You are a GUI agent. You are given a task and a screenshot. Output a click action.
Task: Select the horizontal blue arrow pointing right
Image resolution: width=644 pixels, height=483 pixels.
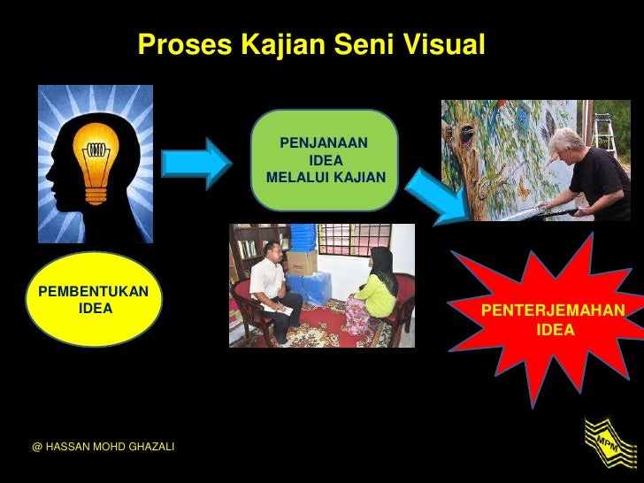point(195,162)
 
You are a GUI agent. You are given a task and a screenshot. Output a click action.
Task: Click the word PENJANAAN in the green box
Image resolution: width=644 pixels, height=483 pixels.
point(324,142)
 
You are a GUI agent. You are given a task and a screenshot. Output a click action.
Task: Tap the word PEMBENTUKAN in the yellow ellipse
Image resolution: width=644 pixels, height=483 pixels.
point(93,292)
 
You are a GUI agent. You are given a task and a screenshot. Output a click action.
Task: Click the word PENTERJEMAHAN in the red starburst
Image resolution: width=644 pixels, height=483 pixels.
point(553,310)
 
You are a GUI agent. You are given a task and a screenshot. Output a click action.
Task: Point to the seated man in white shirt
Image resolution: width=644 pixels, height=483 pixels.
point(272,293)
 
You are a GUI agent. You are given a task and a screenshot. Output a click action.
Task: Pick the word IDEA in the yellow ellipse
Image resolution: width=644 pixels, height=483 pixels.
point(95,310)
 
